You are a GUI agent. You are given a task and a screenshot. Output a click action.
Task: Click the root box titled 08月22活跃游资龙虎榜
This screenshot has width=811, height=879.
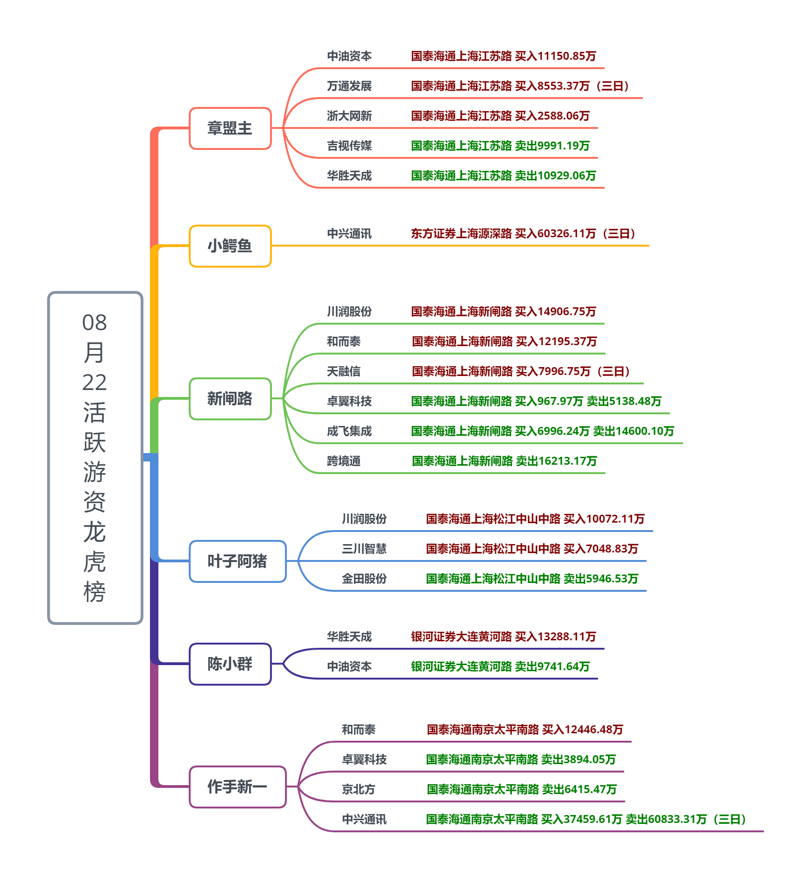pos(95,458)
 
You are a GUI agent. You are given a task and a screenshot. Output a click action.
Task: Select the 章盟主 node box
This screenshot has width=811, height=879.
pos(230,128)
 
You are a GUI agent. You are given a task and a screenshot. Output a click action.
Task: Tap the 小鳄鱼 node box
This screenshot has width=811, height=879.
pos(230,246)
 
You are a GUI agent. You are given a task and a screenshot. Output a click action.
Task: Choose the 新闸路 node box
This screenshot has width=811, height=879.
pos(230,399)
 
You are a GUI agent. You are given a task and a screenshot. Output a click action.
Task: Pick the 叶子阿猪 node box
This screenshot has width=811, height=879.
pos(237,561)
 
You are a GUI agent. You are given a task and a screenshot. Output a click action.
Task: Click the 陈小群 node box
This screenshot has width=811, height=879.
pos(230,664)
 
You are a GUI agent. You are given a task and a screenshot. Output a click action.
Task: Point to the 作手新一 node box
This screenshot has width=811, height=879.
pos(237,787)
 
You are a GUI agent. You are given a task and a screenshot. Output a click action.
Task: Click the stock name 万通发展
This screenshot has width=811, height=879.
pos(349,86)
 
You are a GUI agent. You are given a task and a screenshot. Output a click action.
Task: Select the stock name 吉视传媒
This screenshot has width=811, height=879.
pos(349,146)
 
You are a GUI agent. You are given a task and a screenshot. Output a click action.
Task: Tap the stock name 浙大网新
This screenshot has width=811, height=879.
pos(349,116)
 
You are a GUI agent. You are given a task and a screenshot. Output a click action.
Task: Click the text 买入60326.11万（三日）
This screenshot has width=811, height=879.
pos(575,234)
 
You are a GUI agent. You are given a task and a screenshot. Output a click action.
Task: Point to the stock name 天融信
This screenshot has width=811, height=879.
pos(343,371)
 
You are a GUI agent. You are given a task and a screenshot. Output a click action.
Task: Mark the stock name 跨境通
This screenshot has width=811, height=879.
pos(343,461)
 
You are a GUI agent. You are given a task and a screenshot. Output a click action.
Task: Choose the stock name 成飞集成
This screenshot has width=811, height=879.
pos(349,431)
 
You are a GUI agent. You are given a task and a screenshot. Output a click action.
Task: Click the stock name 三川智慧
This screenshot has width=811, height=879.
pos(364,549)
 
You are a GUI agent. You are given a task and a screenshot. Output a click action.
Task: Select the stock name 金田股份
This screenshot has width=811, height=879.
pos(364,579)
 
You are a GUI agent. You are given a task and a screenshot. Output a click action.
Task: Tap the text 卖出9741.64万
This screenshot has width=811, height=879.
pos(552,666)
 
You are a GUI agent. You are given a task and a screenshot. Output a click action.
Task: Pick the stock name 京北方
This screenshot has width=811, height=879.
pos(358,789)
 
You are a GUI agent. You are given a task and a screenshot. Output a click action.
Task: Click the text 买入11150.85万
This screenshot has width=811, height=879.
pos(555,56)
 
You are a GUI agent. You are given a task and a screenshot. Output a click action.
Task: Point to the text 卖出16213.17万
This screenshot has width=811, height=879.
pos(556,461)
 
